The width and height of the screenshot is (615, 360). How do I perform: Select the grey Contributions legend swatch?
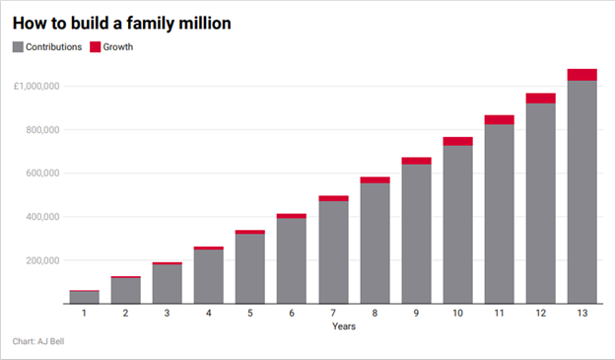(19, 46)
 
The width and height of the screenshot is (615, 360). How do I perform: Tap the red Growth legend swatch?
(96, 46)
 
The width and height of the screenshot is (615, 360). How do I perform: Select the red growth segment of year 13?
(581, 75)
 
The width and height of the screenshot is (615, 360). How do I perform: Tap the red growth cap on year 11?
(499, 119)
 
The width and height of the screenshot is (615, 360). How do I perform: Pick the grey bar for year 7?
(332, 252)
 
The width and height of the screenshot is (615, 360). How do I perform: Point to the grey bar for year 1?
(84, 297)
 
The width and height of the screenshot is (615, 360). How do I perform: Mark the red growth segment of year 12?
(540, 98)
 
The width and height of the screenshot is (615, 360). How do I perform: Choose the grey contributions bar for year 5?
(249, 268)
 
